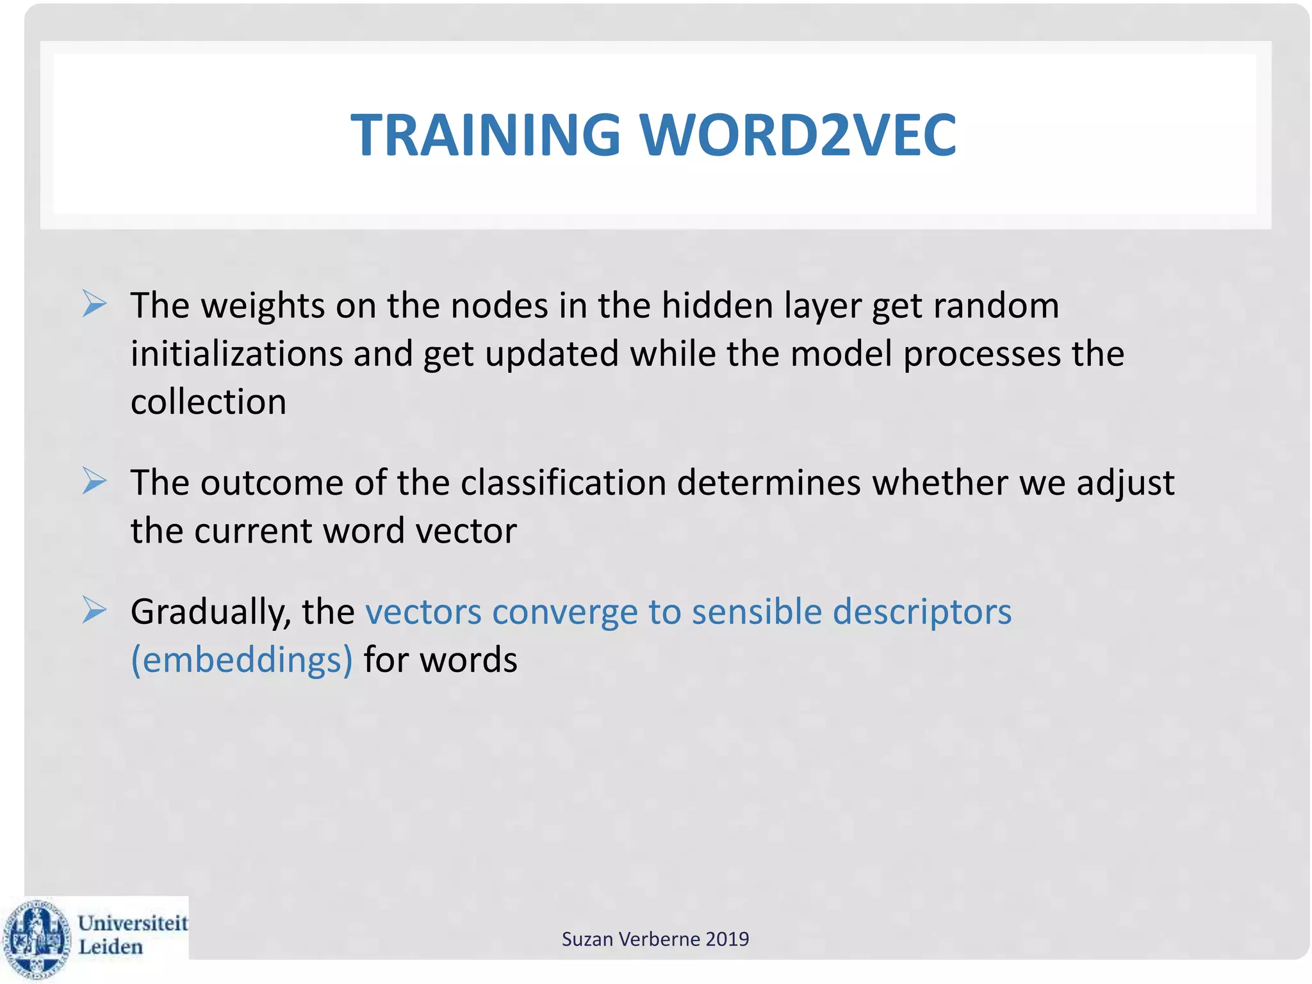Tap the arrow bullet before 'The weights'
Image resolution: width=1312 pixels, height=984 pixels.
point(94,304)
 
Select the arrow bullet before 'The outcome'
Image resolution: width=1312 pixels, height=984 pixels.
point(94,481)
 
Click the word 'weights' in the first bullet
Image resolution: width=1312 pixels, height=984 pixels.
point(263,306)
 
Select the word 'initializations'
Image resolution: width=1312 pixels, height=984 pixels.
point(236,354)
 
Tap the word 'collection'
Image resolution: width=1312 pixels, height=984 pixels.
point(208,402)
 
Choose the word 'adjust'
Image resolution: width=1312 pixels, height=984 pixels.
point(1125,484)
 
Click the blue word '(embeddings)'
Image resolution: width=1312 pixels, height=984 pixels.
point(242,660)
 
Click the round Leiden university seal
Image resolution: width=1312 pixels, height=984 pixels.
point(37,940)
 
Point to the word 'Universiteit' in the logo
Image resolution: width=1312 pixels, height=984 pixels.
point(133,923)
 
